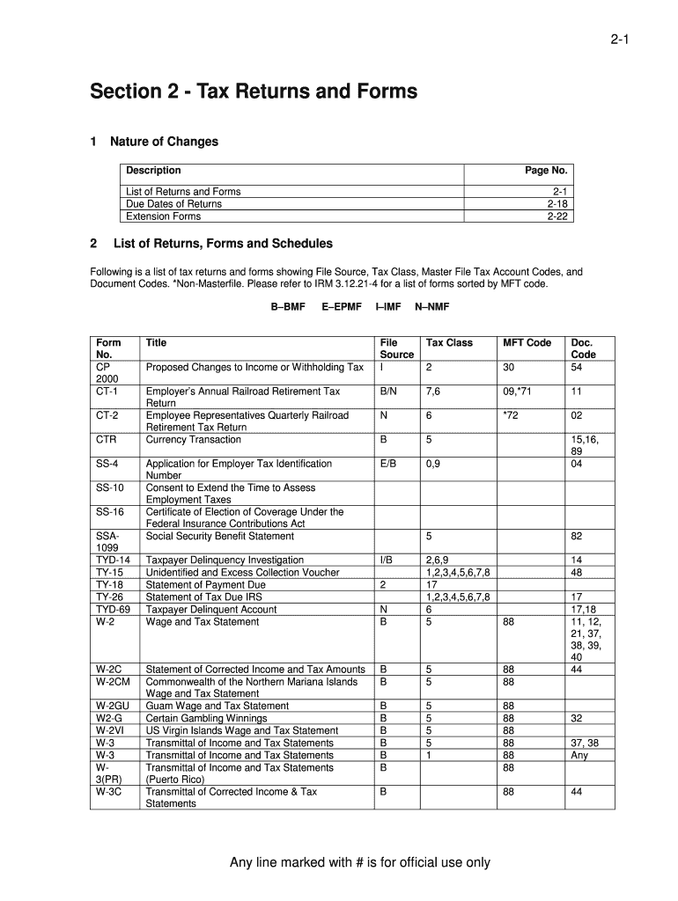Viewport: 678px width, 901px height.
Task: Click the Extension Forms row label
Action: (x=163, y=216)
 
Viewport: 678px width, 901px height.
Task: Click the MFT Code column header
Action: (x=527, y=343)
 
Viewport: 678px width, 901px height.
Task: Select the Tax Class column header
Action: (x=449, y=343)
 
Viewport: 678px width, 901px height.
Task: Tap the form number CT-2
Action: (x=107, y=415)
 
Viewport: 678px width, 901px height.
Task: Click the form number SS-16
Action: (x=109, y=512)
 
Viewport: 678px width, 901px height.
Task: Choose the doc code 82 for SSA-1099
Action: (x=577, y=536)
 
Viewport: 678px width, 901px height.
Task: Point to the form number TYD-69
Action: (x=112, y=609)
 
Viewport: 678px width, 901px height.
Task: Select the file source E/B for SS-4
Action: (x=388, y=464)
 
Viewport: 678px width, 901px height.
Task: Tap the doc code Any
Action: (x=579, y=755)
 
